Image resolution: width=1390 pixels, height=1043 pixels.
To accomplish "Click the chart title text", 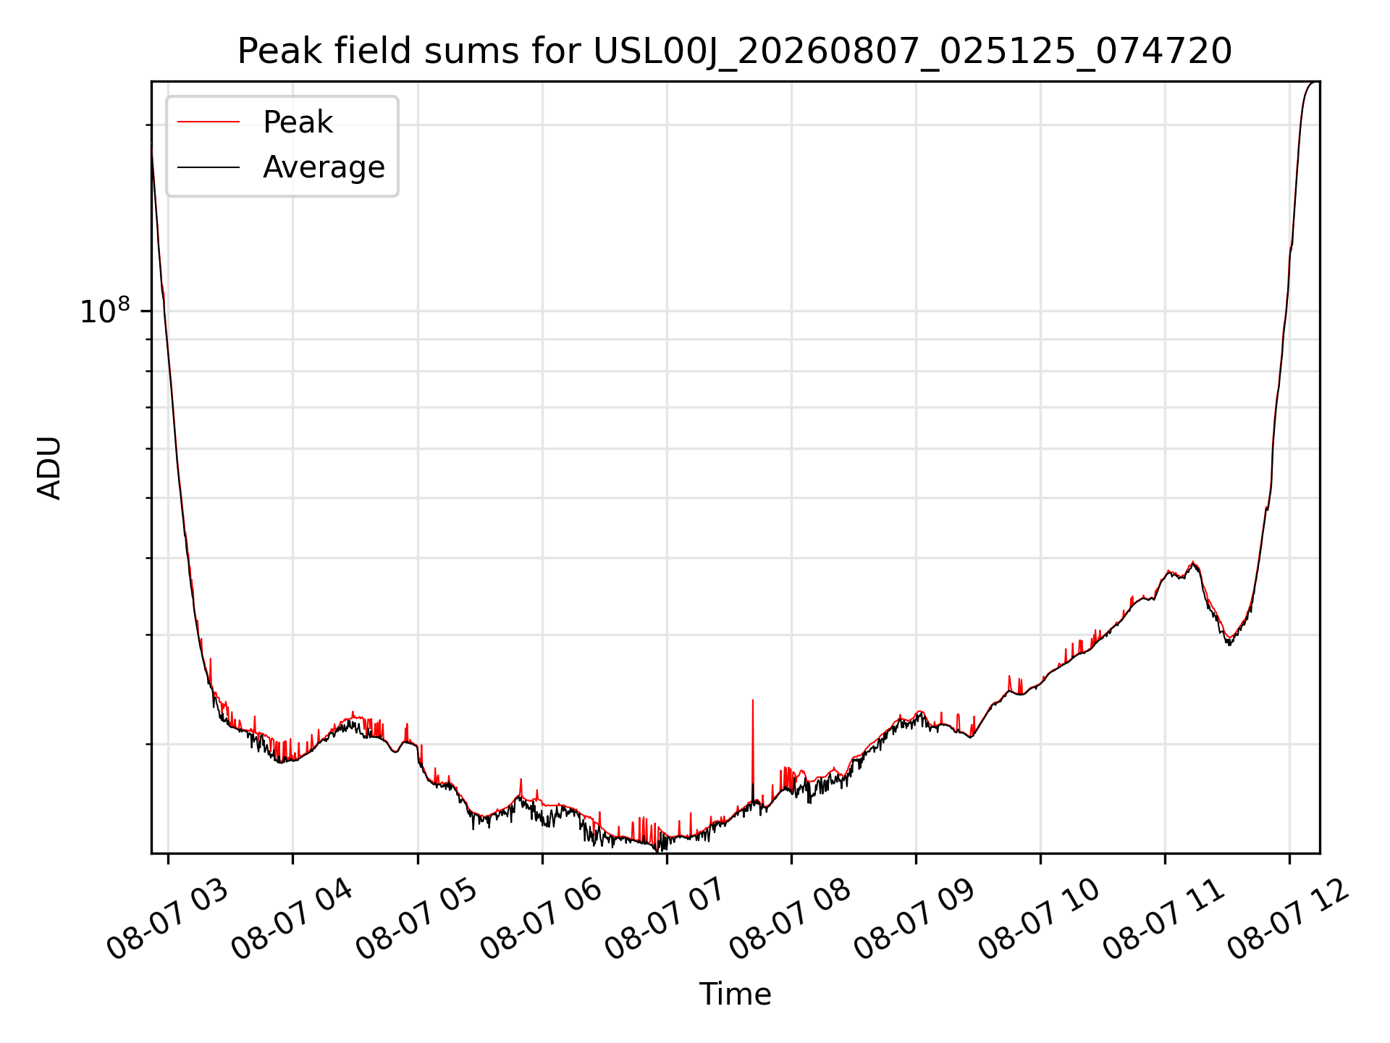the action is click(x=735, y=51).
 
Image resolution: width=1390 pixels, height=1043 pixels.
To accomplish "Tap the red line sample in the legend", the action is click(x=208, y=122).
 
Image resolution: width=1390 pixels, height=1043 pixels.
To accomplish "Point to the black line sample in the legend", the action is click(x=208, y=167).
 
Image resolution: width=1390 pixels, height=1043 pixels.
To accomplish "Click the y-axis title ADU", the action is click(x=49, y=468).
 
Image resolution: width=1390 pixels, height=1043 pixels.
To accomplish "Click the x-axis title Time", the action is click(x=735, y=994).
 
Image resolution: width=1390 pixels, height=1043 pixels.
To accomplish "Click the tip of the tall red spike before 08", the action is click(x=753, y=700).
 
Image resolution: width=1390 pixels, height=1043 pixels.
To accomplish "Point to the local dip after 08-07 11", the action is click(x=1229, y=640).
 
